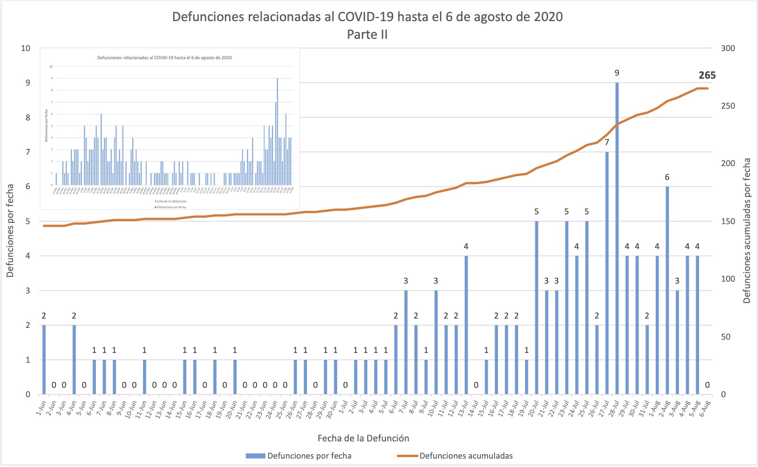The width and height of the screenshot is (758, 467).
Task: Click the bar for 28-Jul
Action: [617, 238]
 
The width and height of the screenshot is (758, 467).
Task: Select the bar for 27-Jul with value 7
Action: [607, 273]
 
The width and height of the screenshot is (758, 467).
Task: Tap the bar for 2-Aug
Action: [667, 290]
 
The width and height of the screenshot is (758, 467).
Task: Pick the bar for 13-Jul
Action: [466, 324]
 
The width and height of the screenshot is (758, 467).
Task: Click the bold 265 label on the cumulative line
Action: [707, 76]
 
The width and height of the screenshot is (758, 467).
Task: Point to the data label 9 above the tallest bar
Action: [617, 73]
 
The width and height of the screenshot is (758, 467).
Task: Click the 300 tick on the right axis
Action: [728, 48]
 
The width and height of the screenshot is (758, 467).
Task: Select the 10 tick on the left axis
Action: [25, 48]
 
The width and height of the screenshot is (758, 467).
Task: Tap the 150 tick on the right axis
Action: [728, 221]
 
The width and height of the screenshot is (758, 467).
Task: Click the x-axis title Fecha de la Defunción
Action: [363, 438]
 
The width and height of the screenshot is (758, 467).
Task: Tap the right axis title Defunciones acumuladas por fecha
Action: [747, 230]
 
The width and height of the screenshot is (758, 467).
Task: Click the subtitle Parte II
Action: [367, 34]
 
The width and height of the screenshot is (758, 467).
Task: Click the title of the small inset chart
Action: [165, 58]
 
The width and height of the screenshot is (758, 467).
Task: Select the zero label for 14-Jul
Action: [476, 385]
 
